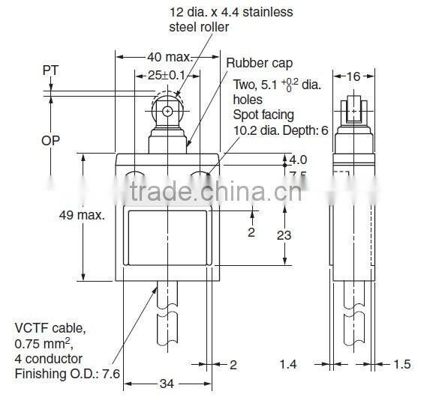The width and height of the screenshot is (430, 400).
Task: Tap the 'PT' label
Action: (51, 69)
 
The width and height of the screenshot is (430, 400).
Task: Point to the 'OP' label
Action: (51, 141)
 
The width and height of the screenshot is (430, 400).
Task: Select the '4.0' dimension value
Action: (298, 160)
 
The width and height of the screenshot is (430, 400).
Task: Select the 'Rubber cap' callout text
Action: (260, 64)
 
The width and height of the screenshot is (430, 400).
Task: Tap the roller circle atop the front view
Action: (167, 112)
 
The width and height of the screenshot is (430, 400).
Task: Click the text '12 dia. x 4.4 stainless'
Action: (230, 11)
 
